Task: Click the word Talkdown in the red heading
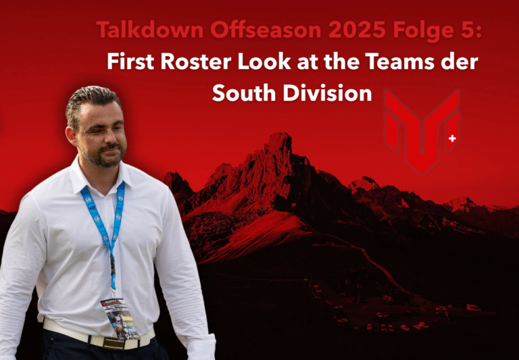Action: click(150, 30)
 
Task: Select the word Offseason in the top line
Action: click(266, 30)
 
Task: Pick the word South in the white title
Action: click(244, 93)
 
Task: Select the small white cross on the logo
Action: click(452, 138)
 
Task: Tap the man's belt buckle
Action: click(114, 343)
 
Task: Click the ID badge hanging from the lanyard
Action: click(119, 318)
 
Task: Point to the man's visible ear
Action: click(71, 135)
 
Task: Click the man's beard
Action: click(107, 155)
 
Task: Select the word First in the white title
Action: click(130, 62)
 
